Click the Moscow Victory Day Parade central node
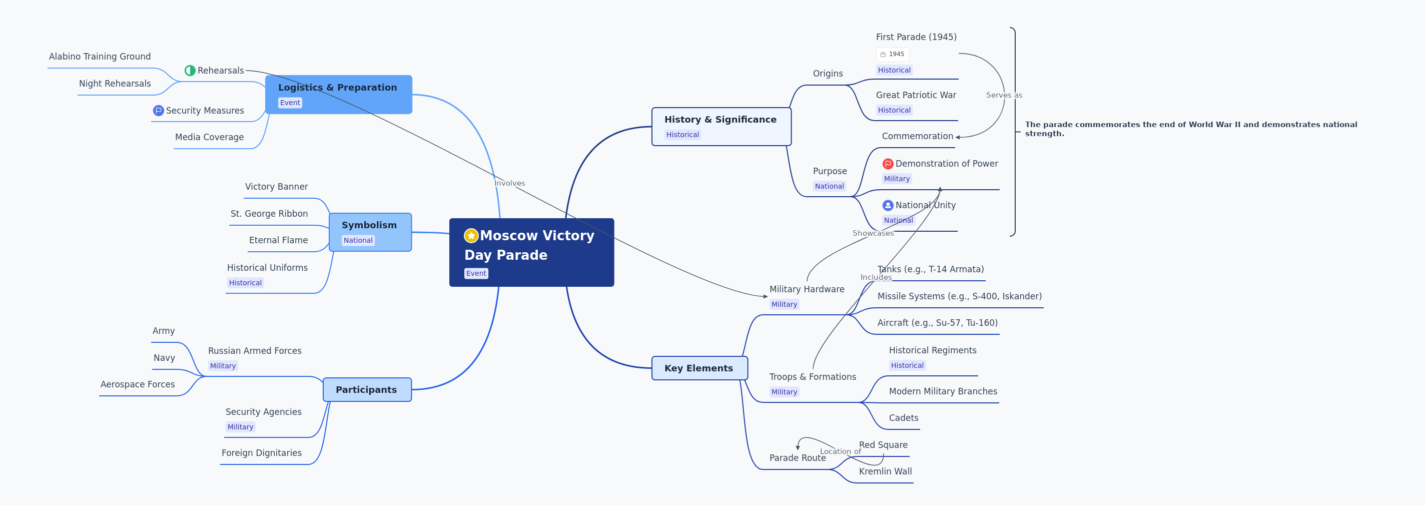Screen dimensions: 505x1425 (531, 252)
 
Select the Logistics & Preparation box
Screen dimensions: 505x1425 (338, 95)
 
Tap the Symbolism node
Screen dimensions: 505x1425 (370, 232)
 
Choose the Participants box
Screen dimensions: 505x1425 (367, 389)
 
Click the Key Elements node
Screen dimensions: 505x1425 (699, 368)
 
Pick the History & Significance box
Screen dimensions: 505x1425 (721, 127)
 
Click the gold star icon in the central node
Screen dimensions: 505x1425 (471, 236)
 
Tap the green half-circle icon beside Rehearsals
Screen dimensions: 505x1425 (190, 70)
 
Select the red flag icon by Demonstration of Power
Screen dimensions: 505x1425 (887, 164)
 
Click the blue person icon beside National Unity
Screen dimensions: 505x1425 (887, 205)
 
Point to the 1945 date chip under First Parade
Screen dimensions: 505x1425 (892, 54)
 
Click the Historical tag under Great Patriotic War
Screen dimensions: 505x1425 (894, 110)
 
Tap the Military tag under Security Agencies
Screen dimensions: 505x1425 (240, 427)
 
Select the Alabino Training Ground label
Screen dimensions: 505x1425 (100, 57)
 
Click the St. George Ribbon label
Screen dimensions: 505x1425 (269, 214)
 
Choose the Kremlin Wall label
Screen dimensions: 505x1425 (885, 471)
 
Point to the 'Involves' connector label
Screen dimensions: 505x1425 (509, 183)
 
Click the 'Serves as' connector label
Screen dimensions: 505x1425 (1004, 95)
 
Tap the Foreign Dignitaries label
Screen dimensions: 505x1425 (262, 453)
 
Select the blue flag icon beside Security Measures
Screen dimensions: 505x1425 (158, 111)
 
